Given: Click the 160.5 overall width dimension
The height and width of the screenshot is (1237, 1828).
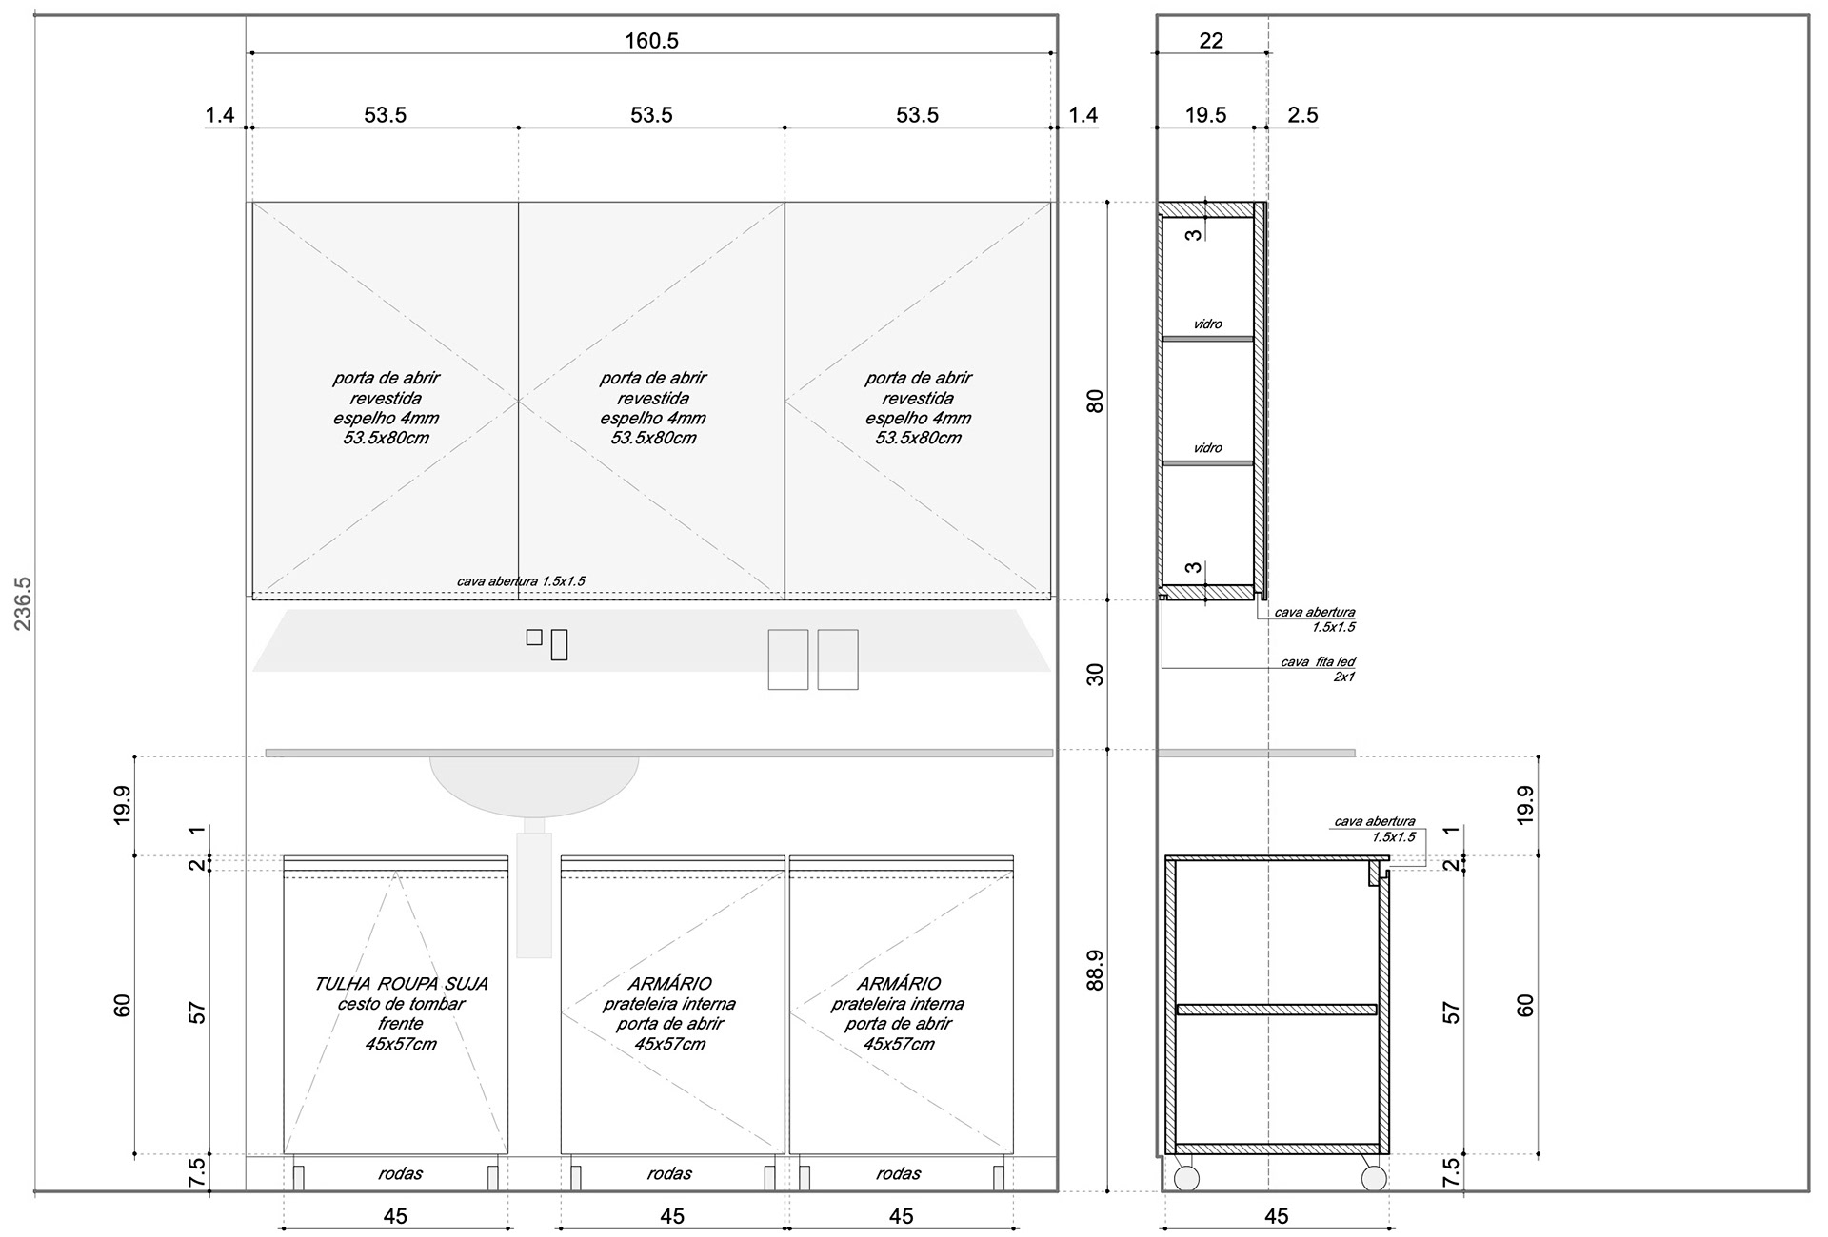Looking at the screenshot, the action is pos(651,41).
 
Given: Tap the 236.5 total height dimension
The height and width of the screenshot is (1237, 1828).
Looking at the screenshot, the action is pos(23,603).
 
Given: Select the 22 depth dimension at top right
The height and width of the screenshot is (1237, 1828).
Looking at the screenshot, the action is pos(1211,41).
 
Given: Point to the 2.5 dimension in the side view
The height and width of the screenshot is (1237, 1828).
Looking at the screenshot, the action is pos(1302,115).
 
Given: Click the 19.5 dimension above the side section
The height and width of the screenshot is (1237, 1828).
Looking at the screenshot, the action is pos(1205,115).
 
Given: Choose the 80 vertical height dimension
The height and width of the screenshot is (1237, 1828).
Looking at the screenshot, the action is pos(1095,401).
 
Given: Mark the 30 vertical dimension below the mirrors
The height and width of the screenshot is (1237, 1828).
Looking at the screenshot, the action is pos(1095,675).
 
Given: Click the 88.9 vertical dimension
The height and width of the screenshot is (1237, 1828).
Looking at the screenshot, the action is pos(1095,971).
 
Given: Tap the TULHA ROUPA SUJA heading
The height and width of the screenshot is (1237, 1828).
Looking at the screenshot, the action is pos(401,984).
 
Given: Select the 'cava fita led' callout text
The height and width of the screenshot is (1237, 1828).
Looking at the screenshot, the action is pos(1318,662).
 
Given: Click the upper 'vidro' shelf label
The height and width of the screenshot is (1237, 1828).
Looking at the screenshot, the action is pos(1207,324).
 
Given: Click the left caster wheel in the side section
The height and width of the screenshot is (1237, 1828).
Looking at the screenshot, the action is pos(1186,1179).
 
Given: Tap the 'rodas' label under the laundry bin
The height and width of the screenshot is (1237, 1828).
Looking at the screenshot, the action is pos(400,1174).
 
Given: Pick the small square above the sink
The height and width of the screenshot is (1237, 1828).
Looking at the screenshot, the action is pos(534,638).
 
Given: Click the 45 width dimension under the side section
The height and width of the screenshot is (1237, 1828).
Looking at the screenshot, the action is pos(1276,1216).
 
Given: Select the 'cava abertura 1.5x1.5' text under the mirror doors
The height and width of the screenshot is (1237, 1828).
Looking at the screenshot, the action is pos(521,581).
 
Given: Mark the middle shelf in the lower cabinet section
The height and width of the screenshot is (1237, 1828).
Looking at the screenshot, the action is pos(1277,1009).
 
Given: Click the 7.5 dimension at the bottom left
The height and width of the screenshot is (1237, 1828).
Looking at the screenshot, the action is pos(197,1172).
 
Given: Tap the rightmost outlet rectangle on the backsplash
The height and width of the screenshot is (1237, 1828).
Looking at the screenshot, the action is pos(838,659).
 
